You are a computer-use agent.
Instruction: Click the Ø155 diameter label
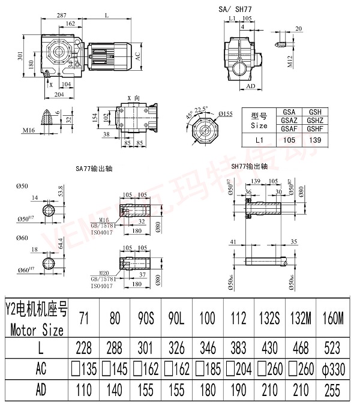pos(226,113)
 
